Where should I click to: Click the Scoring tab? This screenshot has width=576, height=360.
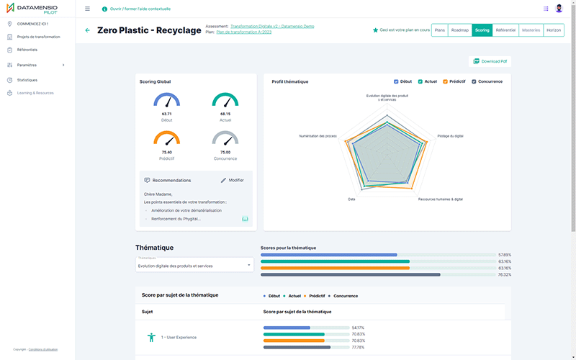pos(482,30)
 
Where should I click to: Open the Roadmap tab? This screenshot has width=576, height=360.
pos(460,30)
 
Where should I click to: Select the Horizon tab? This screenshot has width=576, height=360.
pos(554,30)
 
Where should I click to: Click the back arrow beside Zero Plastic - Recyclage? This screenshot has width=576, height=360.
pos(88,30)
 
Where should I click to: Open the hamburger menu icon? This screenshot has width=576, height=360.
pos(87,9)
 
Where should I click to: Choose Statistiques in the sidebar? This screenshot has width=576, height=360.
pos(27,80)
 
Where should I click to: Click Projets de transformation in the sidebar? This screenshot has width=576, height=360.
pos(38,37)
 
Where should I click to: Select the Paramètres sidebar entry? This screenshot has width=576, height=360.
pos(27,65)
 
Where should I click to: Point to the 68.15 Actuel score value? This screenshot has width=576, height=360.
pos(225,114)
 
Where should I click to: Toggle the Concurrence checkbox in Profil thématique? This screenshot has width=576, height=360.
pos(474,81)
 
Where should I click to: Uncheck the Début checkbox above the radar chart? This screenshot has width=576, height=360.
pos(396,81)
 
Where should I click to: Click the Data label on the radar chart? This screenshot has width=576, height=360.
pos(351,199)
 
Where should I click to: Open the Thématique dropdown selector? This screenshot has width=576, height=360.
pos(194,265)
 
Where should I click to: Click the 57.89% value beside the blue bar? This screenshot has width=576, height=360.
pos(505,255)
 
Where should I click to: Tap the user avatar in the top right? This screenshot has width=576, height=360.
pos(559,9)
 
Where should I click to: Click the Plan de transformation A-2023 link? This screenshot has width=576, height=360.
pos(246,32)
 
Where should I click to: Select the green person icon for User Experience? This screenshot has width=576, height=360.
pos(151,337)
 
